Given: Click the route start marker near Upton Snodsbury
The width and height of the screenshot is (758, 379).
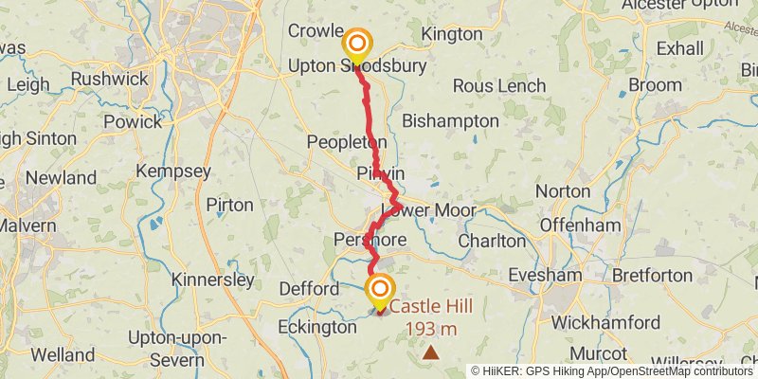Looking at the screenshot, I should tap(358, 44).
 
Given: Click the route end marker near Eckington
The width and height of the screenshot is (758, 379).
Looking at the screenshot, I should tap(381, 289).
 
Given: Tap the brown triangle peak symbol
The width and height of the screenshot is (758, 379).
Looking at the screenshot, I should tap(431, 352).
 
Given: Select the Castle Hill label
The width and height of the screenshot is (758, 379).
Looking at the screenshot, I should tap(431, 307).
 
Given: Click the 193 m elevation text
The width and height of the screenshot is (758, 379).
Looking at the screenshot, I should tap(431, 329).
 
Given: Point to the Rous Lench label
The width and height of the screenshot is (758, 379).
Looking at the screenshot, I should tap(499, 86).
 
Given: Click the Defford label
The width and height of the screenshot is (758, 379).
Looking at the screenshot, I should tap(309, 288).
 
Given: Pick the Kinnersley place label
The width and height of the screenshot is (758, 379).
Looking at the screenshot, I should tap(213, 280).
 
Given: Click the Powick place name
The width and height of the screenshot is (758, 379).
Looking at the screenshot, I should tap(134, 122).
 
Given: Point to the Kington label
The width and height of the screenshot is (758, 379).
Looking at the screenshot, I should tap(452, 34).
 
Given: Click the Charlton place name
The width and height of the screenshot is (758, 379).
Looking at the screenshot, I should tap(491, 241).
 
